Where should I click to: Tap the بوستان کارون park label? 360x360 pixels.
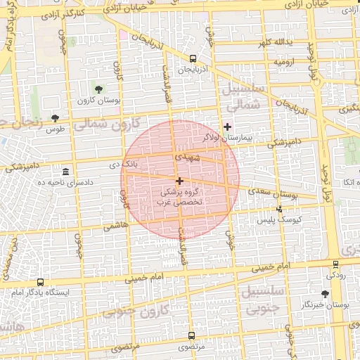click(99, 101)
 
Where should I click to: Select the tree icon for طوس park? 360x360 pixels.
click(56, 117)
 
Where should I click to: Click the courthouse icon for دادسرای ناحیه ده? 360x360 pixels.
click(66, 172)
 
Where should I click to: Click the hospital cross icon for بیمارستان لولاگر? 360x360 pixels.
click(227, 127)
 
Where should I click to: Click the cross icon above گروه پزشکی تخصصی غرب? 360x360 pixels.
click(180, 181)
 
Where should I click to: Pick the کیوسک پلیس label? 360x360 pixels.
click(280, 220)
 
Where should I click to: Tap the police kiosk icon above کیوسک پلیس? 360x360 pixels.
click(280, 209)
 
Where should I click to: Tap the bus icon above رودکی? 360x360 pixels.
click(335, 264)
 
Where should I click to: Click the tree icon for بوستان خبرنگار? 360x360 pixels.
click(325, 293)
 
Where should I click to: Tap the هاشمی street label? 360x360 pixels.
click(112, 226)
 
